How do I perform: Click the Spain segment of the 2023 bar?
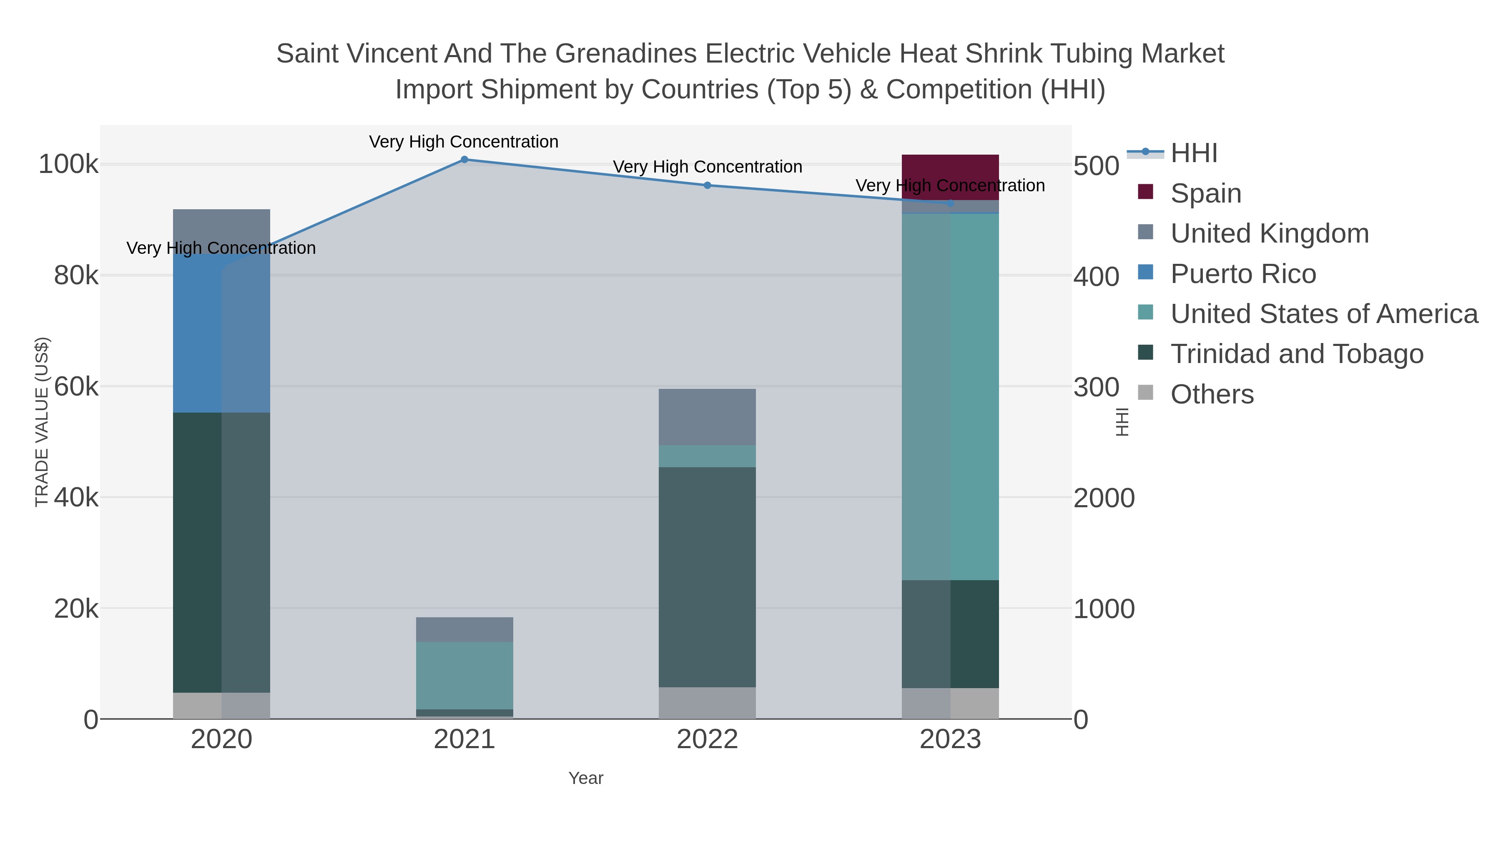pos(950,177)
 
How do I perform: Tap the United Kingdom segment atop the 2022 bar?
pos(707,416)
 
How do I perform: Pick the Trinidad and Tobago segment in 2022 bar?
pos(707,577)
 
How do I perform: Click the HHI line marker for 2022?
pos(707,185)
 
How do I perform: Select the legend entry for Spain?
pos(1205,193)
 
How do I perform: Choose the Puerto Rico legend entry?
pos(1242,274)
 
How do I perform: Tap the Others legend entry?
pos(1211,394)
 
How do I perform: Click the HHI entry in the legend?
pos(1193,153)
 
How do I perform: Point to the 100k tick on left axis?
pos(68,165)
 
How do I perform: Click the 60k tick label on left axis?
pos(76,387)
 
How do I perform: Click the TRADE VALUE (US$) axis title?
pos(42,422)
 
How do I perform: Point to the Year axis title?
pos(586,778)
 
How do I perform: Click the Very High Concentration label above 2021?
pos(463,142)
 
